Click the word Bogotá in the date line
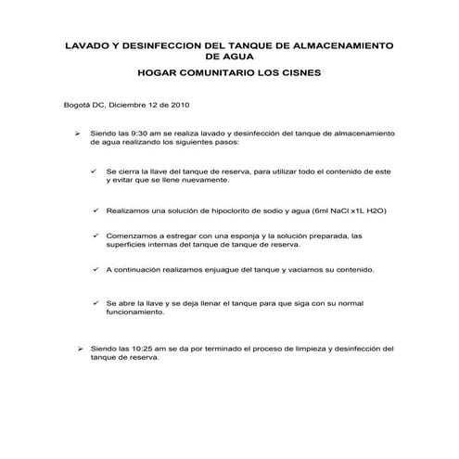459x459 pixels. [77, 105]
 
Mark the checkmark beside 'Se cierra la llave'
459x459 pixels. [96, 172]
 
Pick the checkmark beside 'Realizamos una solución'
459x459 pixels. [96, 210]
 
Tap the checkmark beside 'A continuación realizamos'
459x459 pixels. [96, 269]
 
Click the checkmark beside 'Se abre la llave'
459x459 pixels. [96, 302]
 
